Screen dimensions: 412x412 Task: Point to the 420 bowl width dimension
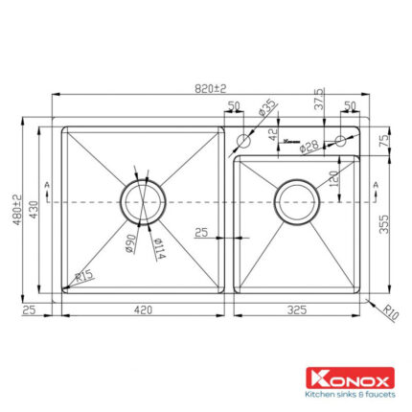tap(144, 309)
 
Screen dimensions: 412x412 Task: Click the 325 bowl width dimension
tap(298, 309)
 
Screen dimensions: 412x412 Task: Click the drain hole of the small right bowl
tap(298, 203)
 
